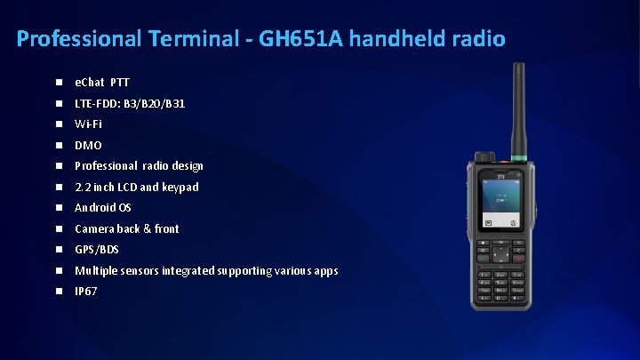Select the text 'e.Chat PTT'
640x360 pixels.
tap(102, 83)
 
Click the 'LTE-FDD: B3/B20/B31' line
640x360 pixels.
tap(130, 103)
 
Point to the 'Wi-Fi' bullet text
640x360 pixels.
tap(88, 124)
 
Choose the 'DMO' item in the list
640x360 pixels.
tap(88, 145)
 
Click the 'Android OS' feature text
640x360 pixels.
tap(103, 208)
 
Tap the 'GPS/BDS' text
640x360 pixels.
tap(97, 250)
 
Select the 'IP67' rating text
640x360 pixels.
tap(86, 292)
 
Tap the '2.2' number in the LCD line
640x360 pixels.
tap(82, 187)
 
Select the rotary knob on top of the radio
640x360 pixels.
tap(485, 157)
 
